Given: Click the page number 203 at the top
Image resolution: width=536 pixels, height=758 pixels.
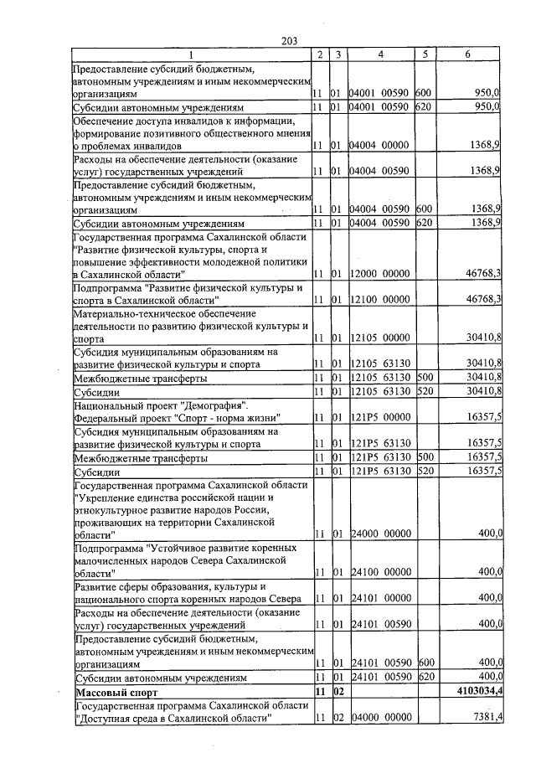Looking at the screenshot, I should click(x=290, y=40).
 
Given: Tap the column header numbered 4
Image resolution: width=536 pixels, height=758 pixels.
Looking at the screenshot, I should click(x=380, y=54).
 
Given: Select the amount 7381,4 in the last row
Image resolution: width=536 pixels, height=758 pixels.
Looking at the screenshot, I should click(x=484, y=719).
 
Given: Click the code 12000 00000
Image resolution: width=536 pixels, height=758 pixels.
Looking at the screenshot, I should click(x=379, y=274).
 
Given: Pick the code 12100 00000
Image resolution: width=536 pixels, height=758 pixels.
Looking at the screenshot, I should click(x=379, y=299).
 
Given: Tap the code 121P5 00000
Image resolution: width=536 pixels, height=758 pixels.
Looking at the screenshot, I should click(x=379, y=417).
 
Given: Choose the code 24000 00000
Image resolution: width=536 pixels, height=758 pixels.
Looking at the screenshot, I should click(x=379, y=534).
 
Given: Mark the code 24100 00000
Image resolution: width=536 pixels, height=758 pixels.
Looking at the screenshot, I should click(x=379, y=572).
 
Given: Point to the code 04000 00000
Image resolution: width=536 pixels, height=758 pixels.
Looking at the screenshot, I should click(x=379, y=719).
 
